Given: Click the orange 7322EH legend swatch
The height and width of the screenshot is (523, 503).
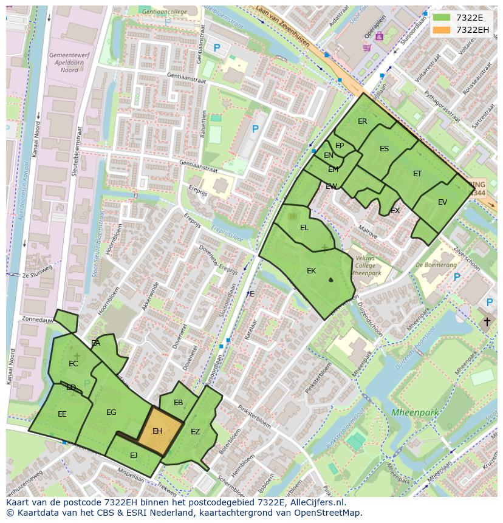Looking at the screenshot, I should click(442, 30).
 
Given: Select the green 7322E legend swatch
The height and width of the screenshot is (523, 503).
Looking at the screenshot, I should click(442, 18).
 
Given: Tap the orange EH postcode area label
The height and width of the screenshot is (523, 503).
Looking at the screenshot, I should click(157, 431).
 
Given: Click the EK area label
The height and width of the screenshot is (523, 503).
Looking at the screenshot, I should click(311, 271).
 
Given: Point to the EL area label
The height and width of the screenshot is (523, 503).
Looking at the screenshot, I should click(304, 228).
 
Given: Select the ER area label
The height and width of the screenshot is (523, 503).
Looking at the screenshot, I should click(363, 121).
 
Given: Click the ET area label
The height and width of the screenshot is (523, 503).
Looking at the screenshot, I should click(417, 174).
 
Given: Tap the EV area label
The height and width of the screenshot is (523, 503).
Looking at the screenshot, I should click(442, 202).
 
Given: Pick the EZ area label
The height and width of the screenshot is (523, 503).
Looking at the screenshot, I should click(195, 432).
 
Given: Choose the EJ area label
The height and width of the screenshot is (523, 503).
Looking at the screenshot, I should click(134, 455).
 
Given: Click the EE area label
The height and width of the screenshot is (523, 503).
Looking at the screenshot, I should click(62, 414).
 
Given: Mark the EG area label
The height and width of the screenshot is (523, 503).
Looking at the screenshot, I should click(111, 412).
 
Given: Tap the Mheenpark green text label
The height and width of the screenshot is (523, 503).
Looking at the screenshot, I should click(414, 412).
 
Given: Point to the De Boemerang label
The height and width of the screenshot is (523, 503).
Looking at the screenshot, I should click(436, 265).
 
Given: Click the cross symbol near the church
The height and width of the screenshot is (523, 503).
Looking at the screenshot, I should click(487, 321).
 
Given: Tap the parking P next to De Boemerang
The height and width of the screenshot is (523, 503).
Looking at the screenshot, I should click(457, 278).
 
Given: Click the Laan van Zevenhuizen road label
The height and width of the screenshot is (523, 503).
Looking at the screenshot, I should click(283, 26).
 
